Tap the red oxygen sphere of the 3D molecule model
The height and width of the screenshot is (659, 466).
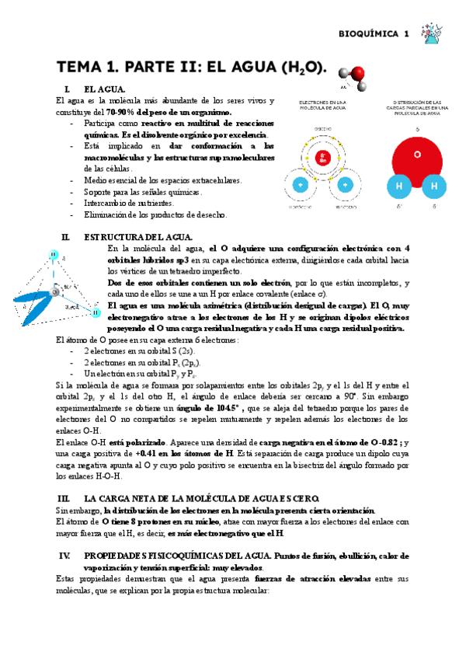(356, 75)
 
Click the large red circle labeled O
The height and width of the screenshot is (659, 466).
(417, 154)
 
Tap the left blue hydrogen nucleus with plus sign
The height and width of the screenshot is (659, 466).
(300, 185)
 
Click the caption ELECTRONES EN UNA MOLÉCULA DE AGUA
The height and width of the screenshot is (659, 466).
(322, 107)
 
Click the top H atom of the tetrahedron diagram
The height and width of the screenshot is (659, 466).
(54, 254)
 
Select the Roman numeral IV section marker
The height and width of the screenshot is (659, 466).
(64, 556)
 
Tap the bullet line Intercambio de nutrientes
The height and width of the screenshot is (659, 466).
(129, 203)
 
